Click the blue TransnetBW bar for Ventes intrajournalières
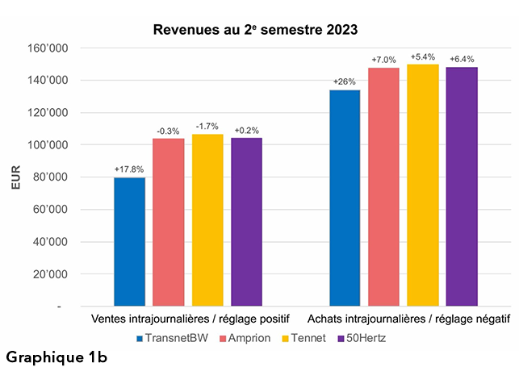coord(129,242)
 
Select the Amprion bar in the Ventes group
coord(168,223)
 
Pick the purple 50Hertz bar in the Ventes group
coord(246,222)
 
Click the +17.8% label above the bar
coord(129,169)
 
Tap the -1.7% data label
coord(207,127)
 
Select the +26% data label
coord(345,82)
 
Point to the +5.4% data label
coord(423,57)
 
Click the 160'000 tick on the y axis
coord(50,48)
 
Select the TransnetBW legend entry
coord(171,337)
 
